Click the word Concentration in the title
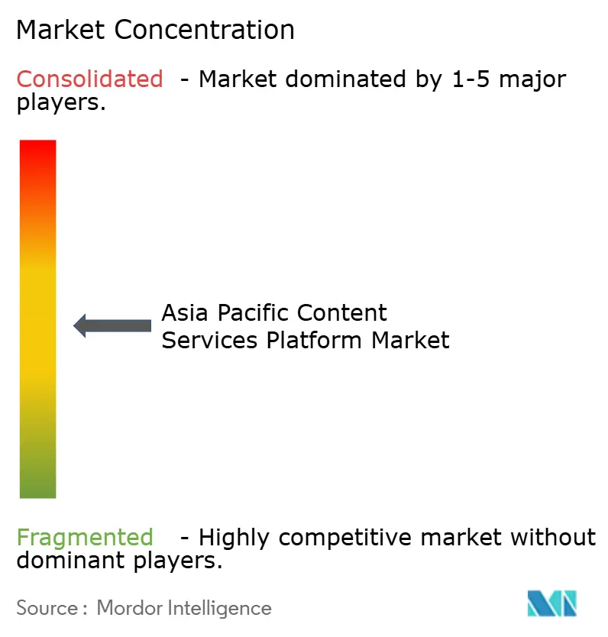click(x=205, y=30)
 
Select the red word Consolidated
click(x=90, y=79)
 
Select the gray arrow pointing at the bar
click(x=112, y=325)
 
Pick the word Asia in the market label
click(x=186, y=313)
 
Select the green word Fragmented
click(x=85, y=538)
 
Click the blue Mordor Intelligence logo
click(x=551, y=603)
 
